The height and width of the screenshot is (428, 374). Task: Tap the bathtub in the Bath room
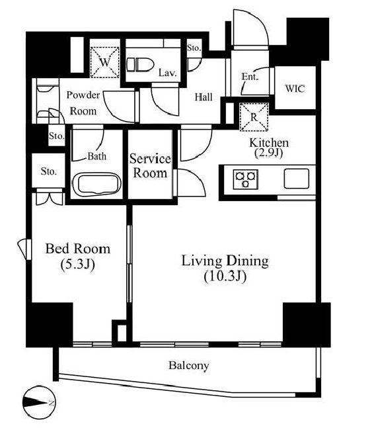point(96,185)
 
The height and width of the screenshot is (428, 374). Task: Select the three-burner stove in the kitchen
point(245,179)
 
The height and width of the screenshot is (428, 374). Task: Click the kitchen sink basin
point(297,179)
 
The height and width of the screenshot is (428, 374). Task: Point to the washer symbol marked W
point(104,62)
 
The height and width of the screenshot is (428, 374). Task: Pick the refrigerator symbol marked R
point(254,117)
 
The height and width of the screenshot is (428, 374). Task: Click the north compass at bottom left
point(39,402)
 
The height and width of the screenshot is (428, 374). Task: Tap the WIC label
point(295,89)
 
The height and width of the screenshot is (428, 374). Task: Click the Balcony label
point(188,366)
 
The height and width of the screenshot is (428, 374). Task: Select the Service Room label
point(150,165)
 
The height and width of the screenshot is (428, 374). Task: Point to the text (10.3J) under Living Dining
point(225,277)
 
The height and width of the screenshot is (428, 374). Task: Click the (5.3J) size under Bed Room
point(77,264)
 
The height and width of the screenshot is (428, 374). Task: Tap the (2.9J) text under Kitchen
point(269,153)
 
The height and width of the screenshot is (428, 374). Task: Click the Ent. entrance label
point(250,77)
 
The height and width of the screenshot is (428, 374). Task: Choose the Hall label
point(204,97)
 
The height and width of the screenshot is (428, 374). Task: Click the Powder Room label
point(83,103)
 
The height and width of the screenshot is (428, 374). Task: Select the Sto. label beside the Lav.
point(194,48)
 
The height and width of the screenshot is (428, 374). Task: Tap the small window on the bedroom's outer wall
point(24,249)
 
